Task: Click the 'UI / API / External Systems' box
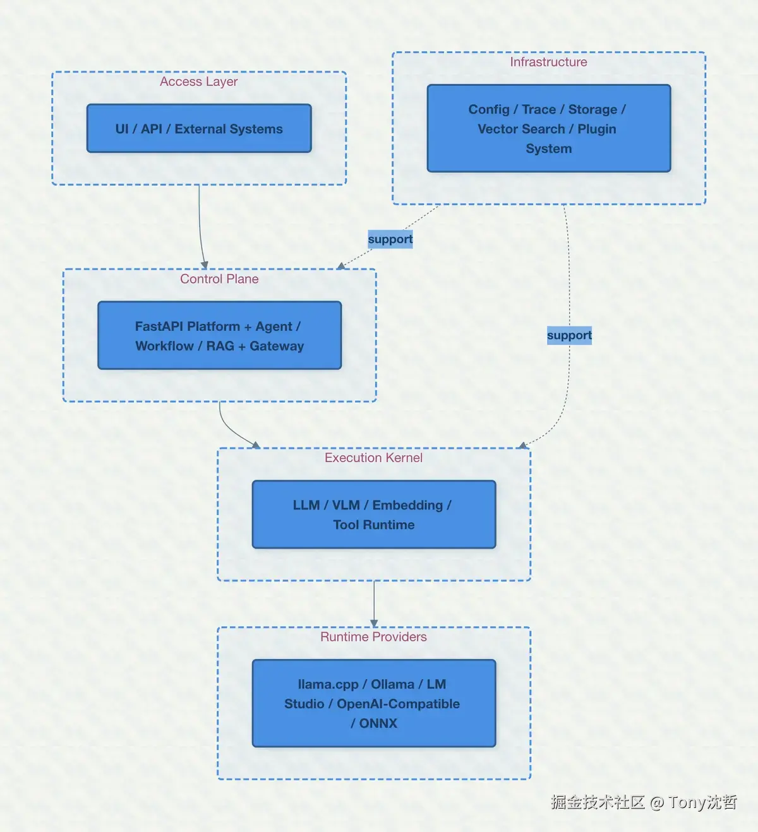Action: point(199,129)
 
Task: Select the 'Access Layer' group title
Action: point(199,82)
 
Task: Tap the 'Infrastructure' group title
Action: point(548,62)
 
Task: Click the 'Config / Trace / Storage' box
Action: point(548,129)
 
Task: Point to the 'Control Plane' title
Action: point(219,279)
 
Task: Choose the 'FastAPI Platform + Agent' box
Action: point(219,336)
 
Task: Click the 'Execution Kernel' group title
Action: point(373,458)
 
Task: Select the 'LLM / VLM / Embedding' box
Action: point(373,514)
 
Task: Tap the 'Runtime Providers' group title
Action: point(373,637)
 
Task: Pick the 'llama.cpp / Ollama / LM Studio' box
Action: point(373,704)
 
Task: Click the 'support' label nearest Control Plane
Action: point(390,239)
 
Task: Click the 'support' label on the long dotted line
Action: point(569,335)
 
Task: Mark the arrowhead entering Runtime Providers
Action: point(374,624)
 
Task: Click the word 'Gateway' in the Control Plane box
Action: point(277,346)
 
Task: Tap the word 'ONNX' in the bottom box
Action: point(378,723)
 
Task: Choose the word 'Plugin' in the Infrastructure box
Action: point(596,129)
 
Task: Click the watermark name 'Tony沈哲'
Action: point(702,802)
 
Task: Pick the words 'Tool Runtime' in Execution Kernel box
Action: point(374,525)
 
